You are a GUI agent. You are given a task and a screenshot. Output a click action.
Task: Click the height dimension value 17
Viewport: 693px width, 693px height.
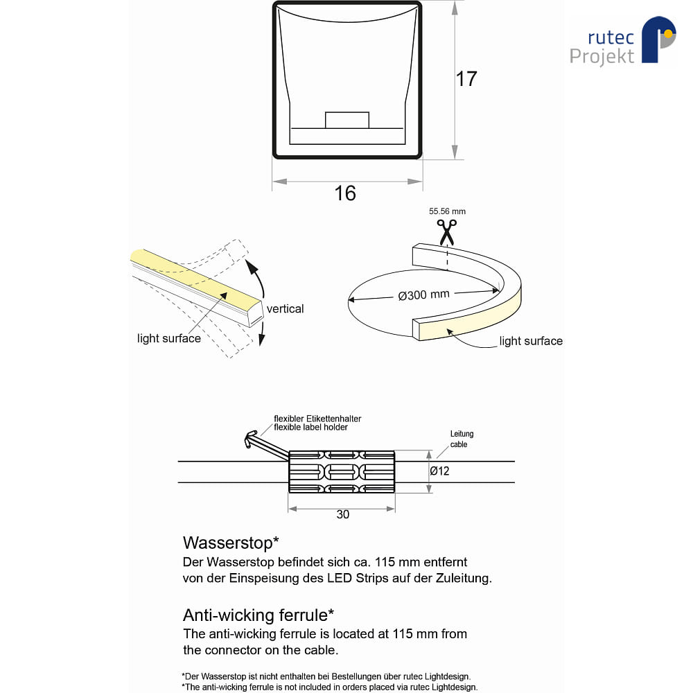(466, 79)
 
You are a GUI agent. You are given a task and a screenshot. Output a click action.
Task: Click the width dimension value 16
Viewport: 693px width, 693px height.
(345, 193)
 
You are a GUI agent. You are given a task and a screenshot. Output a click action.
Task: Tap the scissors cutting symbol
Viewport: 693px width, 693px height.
(446, 232)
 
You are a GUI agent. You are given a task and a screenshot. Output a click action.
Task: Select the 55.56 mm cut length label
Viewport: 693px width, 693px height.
(447, 211)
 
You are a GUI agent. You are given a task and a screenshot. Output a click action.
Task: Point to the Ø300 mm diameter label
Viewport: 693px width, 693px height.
(424, 295)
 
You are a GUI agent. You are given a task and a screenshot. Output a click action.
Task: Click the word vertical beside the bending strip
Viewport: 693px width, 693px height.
(285, 308)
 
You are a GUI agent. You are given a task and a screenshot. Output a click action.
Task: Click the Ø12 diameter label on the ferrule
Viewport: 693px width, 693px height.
(439, 471)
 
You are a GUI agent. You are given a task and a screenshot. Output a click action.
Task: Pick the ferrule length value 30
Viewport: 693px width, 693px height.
(342, 514)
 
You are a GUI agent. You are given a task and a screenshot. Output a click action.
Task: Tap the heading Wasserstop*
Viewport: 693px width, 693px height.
(231, 543)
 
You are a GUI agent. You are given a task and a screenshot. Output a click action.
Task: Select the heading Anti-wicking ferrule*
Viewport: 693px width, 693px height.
(258, 615)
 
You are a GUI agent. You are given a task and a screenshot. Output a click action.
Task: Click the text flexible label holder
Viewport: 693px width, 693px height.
(310, 428)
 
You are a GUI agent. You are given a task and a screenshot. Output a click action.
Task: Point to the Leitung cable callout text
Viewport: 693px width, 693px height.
(461, 439)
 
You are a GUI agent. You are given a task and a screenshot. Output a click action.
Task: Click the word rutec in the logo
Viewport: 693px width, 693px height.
(611, 37)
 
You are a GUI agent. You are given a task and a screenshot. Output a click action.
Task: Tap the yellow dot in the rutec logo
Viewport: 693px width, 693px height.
(668, 33)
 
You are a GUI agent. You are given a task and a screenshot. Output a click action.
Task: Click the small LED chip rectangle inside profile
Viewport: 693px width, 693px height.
(347, 120)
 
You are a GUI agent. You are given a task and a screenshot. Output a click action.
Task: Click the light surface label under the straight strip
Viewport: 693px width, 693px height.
(169, 339)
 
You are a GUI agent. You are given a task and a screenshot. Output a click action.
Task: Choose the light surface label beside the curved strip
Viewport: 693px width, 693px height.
(531, 341)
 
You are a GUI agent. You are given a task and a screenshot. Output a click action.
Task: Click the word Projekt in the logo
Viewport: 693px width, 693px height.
(602, 57)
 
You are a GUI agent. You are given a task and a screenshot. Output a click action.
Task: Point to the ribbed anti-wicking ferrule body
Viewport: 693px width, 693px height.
(341, 471)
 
